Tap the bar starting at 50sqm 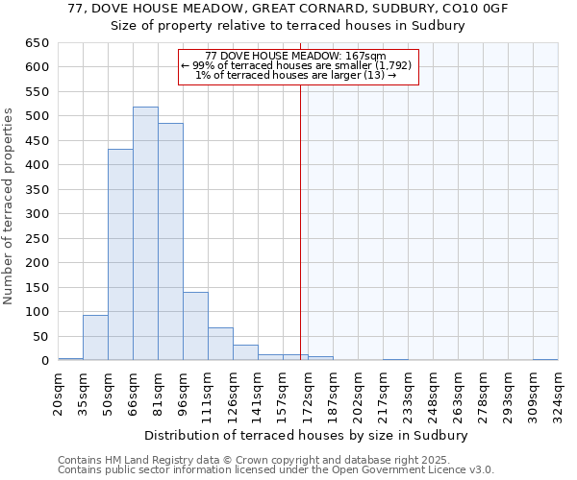pyautogui.click(x=120, y=254)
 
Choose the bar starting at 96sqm pyautogui.click(x=195, y=326)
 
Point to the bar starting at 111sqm pyautogui.click(x=220, y=344)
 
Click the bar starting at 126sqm pyautogui.click(x=245, y=352)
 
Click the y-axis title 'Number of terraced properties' pyautogui.click(x=10, y=206)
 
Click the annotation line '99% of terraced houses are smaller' pyautogui.click(x=299, y=65)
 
